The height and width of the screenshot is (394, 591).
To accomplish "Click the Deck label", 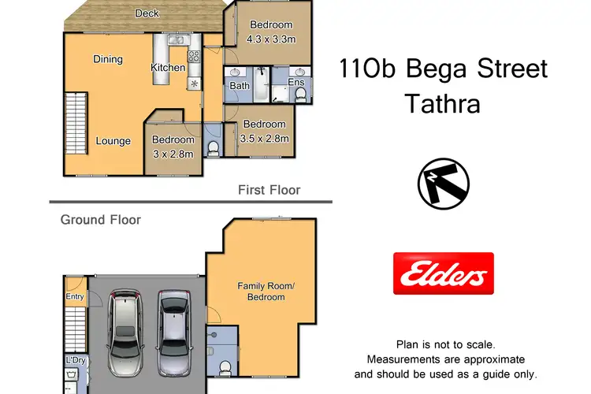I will [x=147, y=13].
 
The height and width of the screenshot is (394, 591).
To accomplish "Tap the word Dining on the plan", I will [x=107, y=59].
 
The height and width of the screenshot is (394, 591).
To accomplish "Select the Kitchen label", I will [x=168, y=68].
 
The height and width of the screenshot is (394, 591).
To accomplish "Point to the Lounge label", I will [x=113, y=141].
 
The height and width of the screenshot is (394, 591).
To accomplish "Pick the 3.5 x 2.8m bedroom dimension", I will [x=264, y=139].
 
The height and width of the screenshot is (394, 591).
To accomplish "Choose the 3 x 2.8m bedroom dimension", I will [x=173, y=154].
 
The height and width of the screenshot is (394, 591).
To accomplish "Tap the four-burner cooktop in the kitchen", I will [x=193, y=57].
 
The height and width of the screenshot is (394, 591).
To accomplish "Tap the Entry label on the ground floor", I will [x=74, y=296].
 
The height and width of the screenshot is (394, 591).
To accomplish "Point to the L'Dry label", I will [x=75, y=360].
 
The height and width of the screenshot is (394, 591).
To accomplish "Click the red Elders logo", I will [x=444, y=273].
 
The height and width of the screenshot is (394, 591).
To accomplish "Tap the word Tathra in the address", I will [x=442, y=103].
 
